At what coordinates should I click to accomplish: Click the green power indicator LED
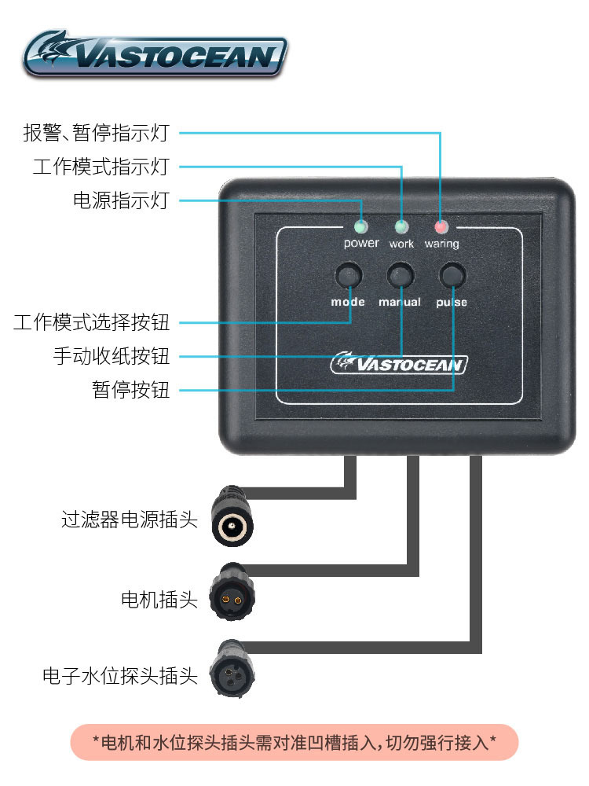pyautogui.click(x=360, y=227)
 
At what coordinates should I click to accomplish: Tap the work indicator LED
pyautogui.click(x=401, y=227)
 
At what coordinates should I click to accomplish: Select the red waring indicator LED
pyautogui.click(x=441, y=227)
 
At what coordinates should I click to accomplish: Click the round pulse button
pyautogui.click(x=452, y=276)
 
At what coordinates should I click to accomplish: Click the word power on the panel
pyautogui.click(x=360, y=244)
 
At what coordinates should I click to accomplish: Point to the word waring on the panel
pyautogui.click(x=441, y=244)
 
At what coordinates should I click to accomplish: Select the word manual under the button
pyautogui.click(x=400, y=302)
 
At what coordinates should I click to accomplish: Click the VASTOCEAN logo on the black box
pyautogui.click(x=400, y=363)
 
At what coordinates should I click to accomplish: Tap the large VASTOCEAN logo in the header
pyautogui.click(x=155, y=53)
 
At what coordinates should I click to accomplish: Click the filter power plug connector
pyautogui.click(x=234, y=521)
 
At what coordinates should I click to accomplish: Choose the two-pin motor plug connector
pyautogui.click(x=232, y=597)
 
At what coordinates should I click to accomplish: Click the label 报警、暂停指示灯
pyautogui.click(x=96, y=133)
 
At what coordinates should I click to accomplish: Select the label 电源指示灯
pyautogui.click(x=121, y=200)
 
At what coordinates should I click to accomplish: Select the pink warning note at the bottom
pyautogui.click(x=294, y=742)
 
